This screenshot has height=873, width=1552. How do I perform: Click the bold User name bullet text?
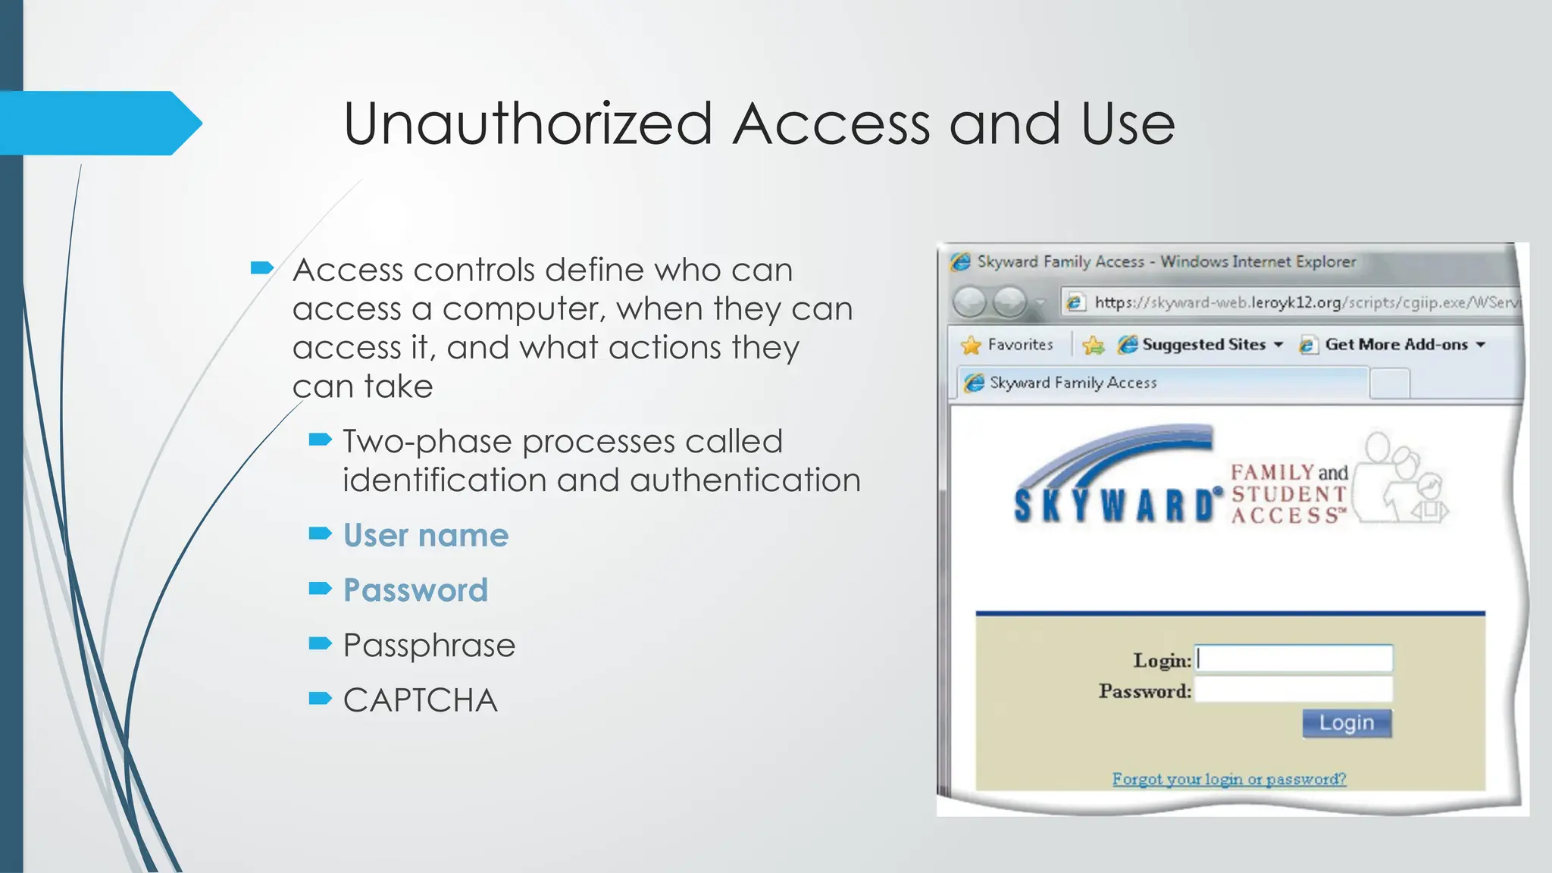pos(425,536)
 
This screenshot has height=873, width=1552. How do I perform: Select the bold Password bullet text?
pos(415,590)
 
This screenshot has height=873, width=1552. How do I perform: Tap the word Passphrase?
pos(429,646)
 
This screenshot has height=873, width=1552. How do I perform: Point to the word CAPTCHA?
pos(420,700)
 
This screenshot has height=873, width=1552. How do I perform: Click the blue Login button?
pos(1347,723)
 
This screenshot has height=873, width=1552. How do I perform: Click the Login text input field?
pos(1294,659)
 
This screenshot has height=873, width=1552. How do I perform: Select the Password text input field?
pos(1294,690)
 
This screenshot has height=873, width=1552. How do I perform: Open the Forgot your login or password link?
pos(1228,779)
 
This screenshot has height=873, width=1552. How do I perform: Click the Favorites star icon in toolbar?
pos(971,346)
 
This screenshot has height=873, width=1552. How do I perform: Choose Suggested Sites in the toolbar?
pos(1203,345)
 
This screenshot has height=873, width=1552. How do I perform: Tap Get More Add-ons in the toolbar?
pos(1396,345)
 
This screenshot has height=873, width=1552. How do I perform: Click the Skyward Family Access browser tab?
pos(1073,383)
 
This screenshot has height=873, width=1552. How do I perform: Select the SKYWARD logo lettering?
pos(1114,505)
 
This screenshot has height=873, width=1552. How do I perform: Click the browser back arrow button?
pos(969,302)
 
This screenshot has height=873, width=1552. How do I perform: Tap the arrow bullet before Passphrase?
pos(320,644)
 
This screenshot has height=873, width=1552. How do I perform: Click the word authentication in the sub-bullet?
pos(745,480)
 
